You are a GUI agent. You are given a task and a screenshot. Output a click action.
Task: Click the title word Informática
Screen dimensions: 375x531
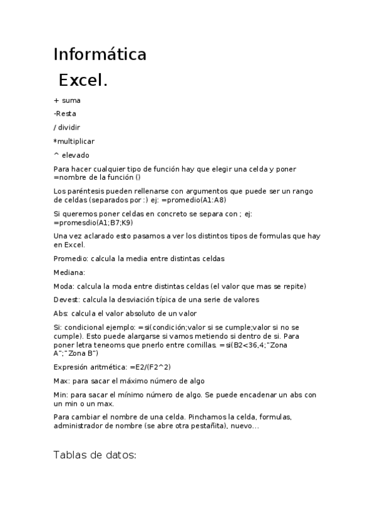pos(100,55)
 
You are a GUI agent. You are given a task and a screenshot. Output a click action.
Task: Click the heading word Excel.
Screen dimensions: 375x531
pos(83,81)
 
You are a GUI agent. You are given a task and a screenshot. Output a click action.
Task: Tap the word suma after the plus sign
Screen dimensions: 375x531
pos(71,100)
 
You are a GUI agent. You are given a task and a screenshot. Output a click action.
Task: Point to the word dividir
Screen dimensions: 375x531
pos(70,127)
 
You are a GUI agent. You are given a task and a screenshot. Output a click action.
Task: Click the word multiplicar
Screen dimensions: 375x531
pos(76,141)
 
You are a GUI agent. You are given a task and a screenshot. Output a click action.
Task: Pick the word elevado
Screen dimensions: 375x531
pos(76,155)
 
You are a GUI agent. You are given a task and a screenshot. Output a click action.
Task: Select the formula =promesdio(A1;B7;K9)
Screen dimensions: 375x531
pos(93,222)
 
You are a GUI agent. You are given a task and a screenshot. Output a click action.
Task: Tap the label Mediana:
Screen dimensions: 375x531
pos(69,272)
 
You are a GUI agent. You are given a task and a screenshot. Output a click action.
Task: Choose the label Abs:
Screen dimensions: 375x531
pos(61,313)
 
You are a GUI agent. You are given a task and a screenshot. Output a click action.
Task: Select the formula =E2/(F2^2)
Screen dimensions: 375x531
pos(151,367)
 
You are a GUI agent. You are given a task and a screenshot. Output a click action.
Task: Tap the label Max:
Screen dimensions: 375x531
pos(63,381)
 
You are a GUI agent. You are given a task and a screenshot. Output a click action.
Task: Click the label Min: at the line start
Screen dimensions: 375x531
pos(62,394)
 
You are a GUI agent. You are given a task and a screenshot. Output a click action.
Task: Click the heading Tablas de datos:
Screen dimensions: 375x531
pos(95,455)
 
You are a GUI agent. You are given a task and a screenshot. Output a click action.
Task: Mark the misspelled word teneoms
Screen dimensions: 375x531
pos(111,345)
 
